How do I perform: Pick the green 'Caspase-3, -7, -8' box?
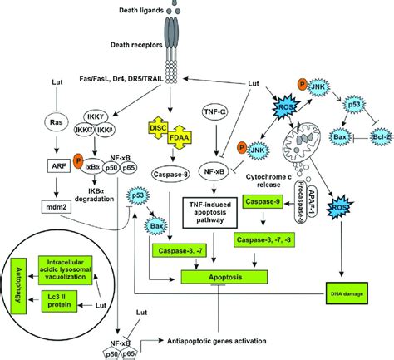tap(269, 241)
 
